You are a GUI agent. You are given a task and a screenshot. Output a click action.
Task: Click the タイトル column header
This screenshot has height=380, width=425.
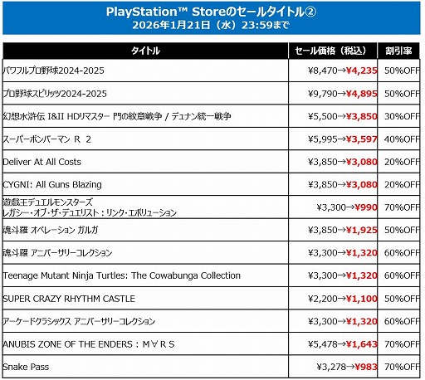click(x=144, y=51)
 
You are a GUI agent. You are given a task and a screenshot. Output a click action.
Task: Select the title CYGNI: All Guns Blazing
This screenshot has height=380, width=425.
click(x=53, y=183)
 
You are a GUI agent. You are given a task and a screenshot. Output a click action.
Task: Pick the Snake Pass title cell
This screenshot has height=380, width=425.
click(x=27, y=367)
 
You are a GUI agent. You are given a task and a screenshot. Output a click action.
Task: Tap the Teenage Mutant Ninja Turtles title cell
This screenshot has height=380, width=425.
click(x=134, y=275)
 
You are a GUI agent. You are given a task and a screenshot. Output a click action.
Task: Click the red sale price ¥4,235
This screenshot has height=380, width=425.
click(x=363, y=71)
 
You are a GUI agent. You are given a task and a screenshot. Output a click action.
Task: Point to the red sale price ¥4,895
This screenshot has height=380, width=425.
click(x=363, y=94)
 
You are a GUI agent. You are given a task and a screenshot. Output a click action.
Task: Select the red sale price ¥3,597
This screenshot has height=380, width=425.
click(x=363, y=139)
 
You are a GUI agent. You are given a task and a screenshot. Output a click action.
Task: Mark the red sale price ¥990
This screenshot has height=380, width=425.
click(x=367, y=207)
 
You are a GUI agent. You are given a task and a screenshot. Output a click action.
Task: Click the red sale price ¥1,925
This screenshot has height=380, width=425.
click(x=363, y=230)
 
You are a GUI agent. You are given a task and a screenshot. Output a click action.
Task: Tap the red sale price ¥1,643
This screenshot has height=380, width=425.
click(x=363, y=343)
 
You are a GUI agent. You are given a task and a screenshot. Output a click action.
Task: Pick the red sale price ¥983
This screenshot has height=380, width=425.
click(x=367, y=367)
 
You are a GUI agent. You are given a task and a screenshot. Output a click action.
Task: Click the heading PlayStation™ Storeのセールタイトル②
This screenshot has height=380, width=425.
click(x=212, y=12)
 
